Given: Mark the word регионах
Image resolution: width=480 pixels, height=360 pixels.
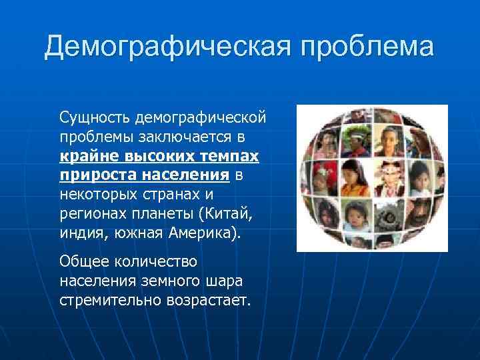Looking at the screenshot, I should tap(89, 215).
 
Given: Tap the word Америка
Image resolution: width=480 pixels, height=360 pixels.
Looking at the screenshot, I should tap(207, 234).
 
